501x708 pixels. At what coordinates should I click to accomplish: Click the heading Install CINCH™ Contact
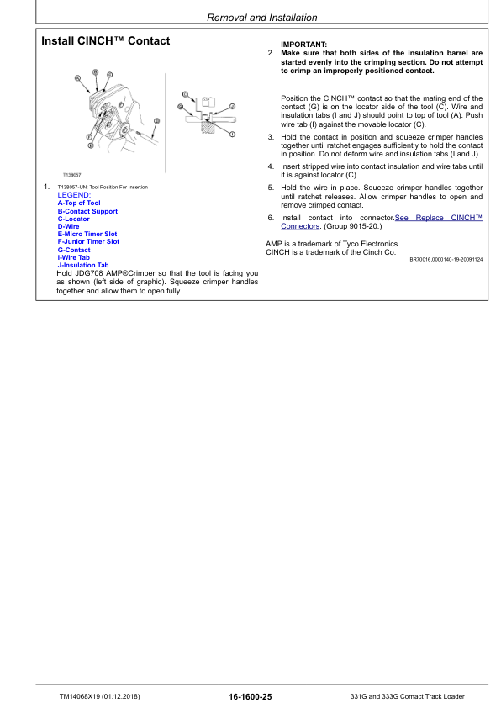(x=106, y=41)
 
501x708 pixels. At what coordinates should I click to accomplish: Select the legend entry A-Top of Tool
(x=78, y=203)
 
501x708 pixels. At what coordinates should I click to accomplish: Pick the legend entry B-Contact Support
(x=87, y=211)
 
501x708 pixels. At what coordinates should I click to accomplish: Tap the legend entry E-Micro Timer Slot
(x=87, y=234)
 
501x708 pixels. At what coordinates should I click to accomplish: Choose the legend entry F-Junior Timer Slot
(x=88, y=241)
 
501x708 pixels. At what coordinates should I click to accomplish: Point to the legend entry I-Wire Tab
(x=73, y=257)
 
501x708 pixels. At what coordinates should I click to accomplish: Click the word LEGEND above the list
(x=73, y=194)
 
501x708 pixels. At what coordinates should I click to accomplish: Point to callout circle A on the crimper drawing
(x=78, y=78)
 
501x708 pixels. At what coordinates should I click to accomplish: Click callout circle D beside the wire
(x=156, y=121)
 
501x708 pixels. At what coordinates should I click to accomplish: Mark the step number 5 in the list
(x=271, y=188)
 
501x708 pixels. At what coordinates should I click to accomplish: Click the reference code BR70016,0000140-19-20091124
(x=446, y=260)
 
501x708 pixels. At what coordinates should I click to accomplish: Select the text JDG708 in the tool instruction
(x=87, y=273)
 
